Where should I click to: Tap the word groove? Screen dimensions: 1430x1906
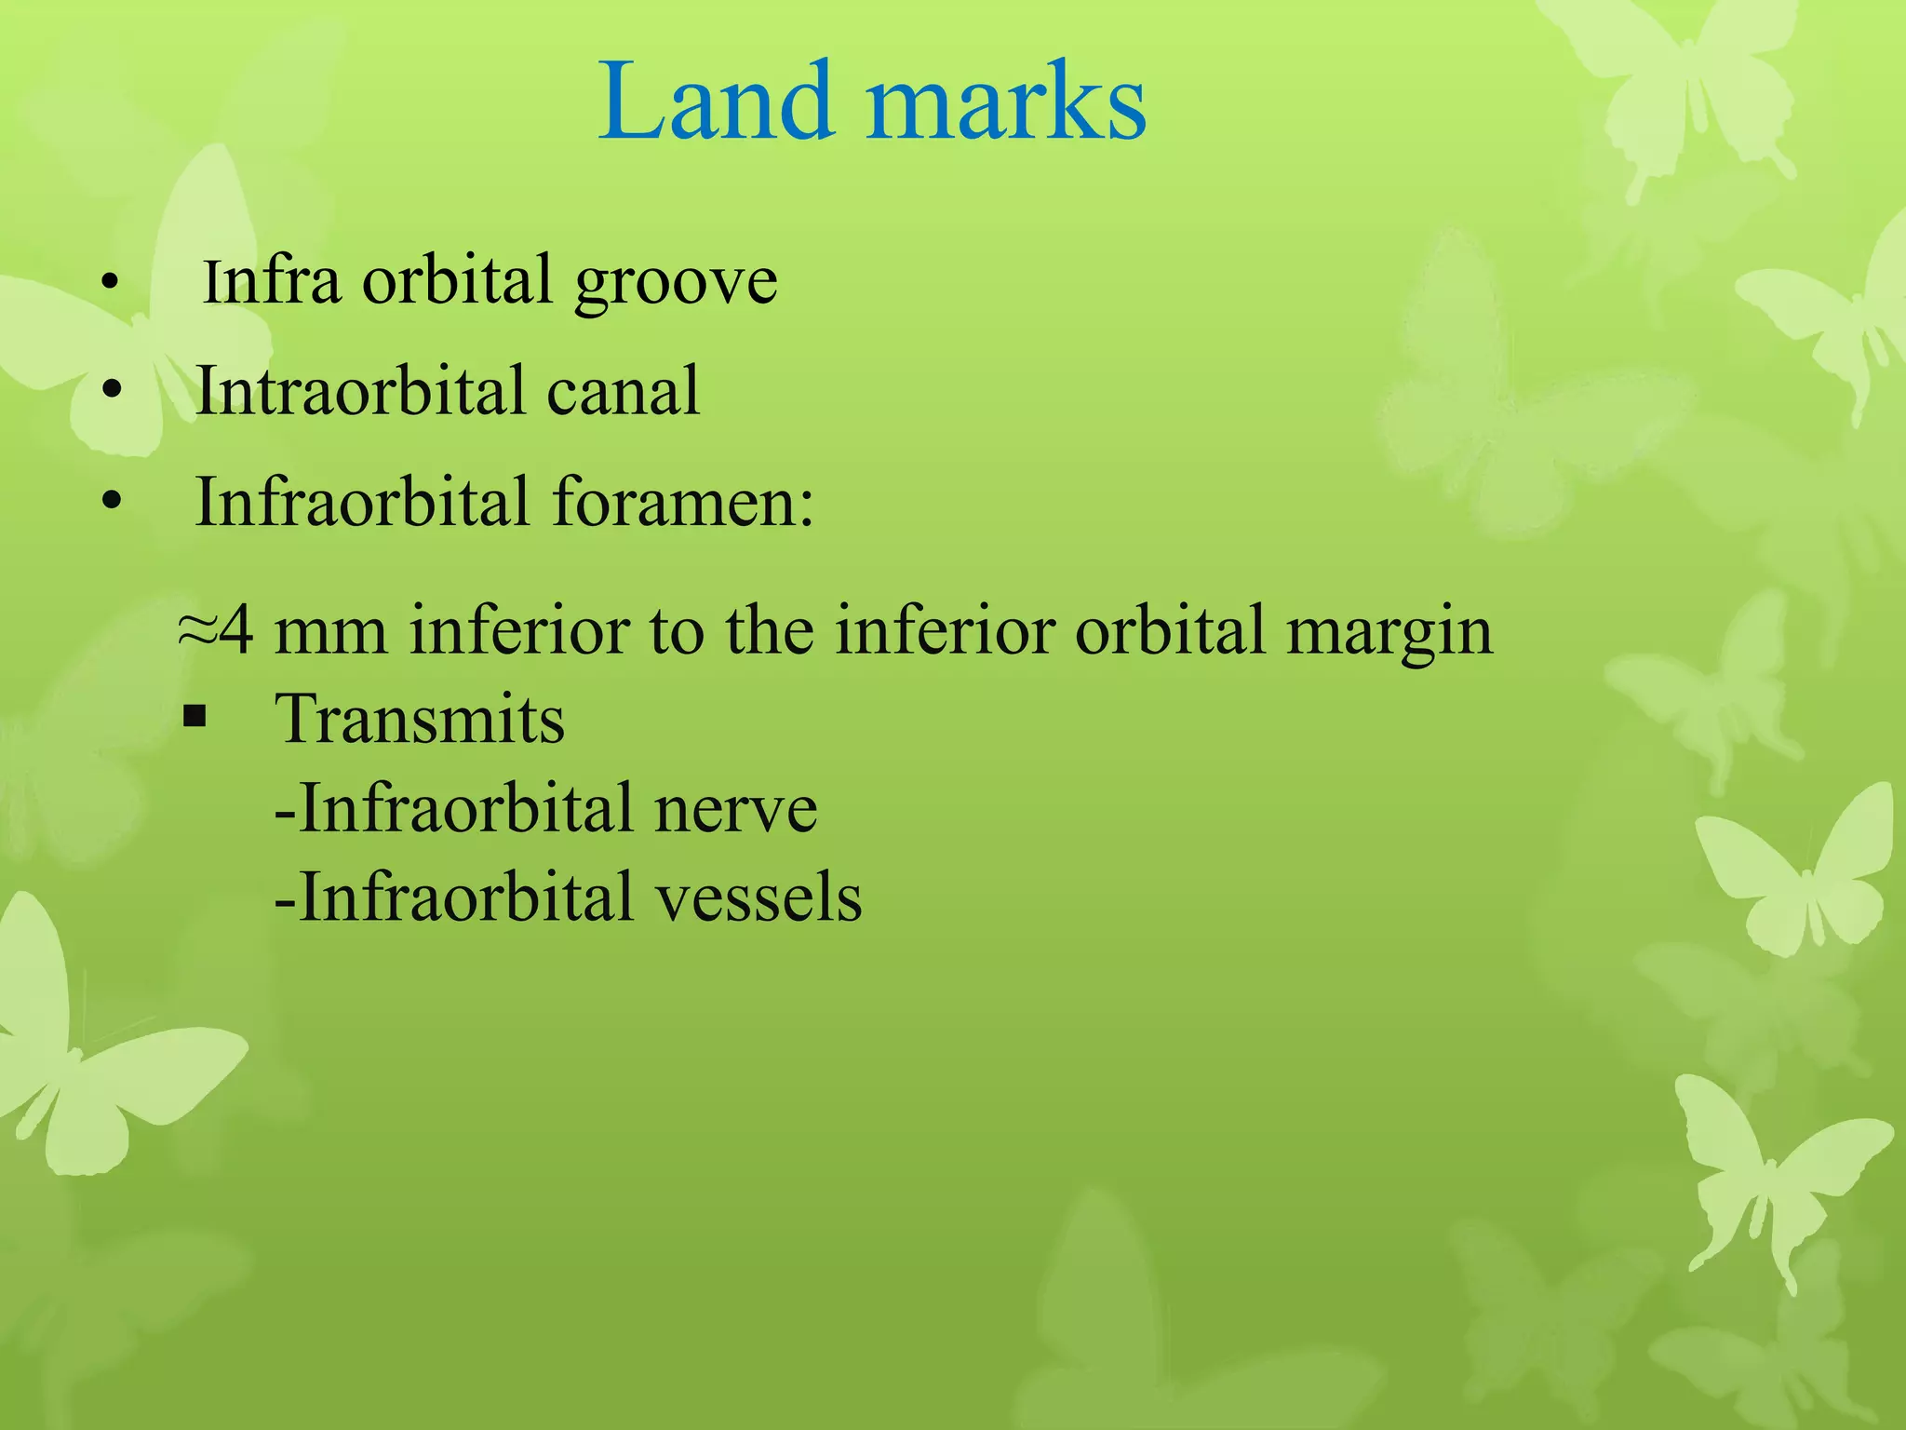tap(676, 281)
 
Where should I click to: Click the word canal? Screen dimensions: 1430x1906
tap(623, 390)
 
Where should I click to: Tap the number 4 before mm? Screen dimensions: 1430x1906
tap(236, 630)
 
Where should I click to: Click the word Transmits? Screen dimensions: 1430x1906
tap(420, 719)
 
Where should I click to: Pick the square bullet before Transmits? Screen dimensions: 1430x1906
tap(195, 718)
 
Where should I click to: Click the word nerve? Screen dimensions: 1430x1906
tap(735, 807)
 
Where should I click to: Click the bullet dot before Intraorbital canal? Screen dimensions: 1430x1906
tap(112, 391)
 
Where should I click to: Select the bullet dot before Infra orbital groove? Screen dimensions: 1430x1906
tap(110, 281)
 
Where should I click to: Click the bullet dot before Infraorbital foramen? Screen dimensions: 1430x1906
tap(112, 503)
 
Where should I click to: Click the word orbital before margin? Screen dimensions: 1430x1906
tap(1173, 630)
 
